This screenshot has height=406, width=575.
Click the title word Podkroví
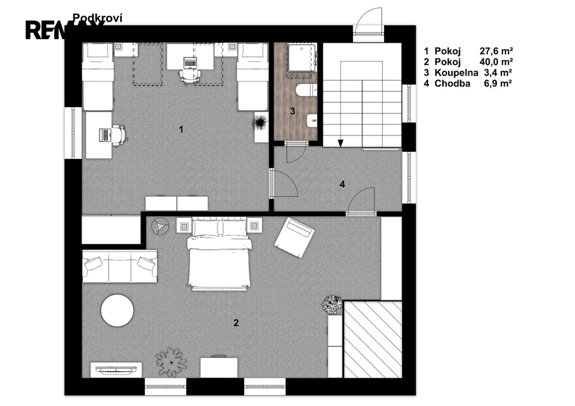(97, 18)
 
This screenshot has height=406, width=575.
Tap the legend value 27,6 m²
(496, 51)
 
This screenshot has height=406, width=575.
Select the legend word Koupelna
(456, 72)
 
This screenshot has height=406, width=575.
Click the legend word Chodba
(452, 83)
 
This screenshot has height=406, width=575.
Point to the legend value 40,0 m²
(496, 62)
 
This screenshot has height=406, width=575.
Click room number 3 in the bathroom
(292, 111)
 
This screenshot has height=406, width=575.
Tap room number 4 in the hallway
(342, 184)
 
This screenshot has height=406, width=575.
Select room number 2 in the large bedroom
(236, 323)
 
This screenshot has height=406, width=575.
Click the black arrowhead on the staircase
(341, 143)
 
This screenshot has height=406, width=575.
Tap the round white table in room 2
(117, 311)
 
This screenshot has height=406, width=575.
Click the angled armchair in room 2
(294, 238)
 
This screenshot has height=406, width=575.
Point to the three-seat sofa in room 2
(120, 267)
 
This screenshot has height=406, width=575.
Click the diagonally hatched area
(373, 339)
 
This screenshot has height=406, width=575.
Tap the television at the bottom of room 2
(116, 369)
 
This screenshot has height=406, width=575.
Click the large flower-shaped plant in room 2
(171, 362)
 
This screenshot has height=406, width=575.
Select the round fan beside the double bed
(160, 226)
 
